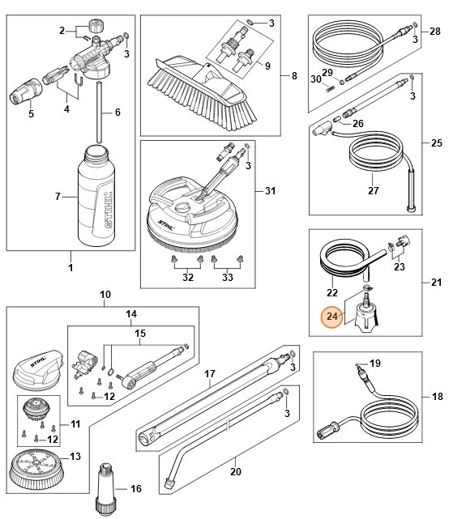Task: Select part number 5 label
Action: click(x=32, y=113)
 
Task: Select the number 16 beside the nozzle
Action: click(x=135, y=489)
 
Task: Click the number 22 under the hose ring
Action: click(x=331, y=291)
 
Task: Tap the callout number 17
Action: click(x=208, y=374)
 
